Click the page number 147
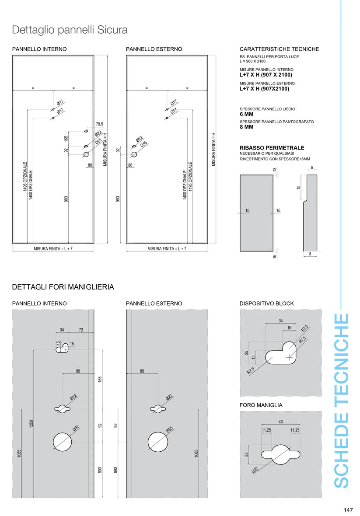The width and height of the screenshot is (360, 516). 348,510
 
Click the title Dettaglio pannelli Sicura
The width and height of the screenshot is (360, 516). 70,30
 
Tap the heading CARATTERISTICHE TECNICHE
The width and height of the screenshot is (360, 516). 279,49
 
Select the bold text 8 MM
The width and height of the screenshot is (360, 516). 247,127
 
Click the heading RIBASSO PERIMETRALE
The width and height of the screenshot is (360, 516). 272,148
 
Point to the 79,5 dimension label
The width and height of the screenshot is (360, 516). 99,125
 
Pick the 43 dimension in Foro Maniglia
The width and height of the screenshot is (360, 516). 280,422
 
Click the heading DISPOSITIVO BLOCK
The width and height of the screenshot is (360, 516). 266,303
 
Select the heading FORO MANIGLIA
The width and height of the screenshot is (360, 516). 261,405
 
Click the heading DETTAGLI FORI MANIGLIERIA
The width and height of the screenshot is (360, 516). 63,287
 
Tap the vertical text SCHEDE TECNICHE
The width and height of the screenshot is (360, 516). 341,400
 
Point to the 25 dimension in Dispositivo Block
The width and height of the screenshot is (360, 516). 247,352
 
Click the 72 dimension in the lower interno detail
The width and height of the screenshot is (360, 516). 81,330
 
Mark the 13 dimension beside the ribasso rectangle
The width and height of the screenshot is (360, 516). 275,169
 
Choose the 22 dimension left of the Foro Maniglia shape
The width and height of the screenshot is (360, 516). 247,455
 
